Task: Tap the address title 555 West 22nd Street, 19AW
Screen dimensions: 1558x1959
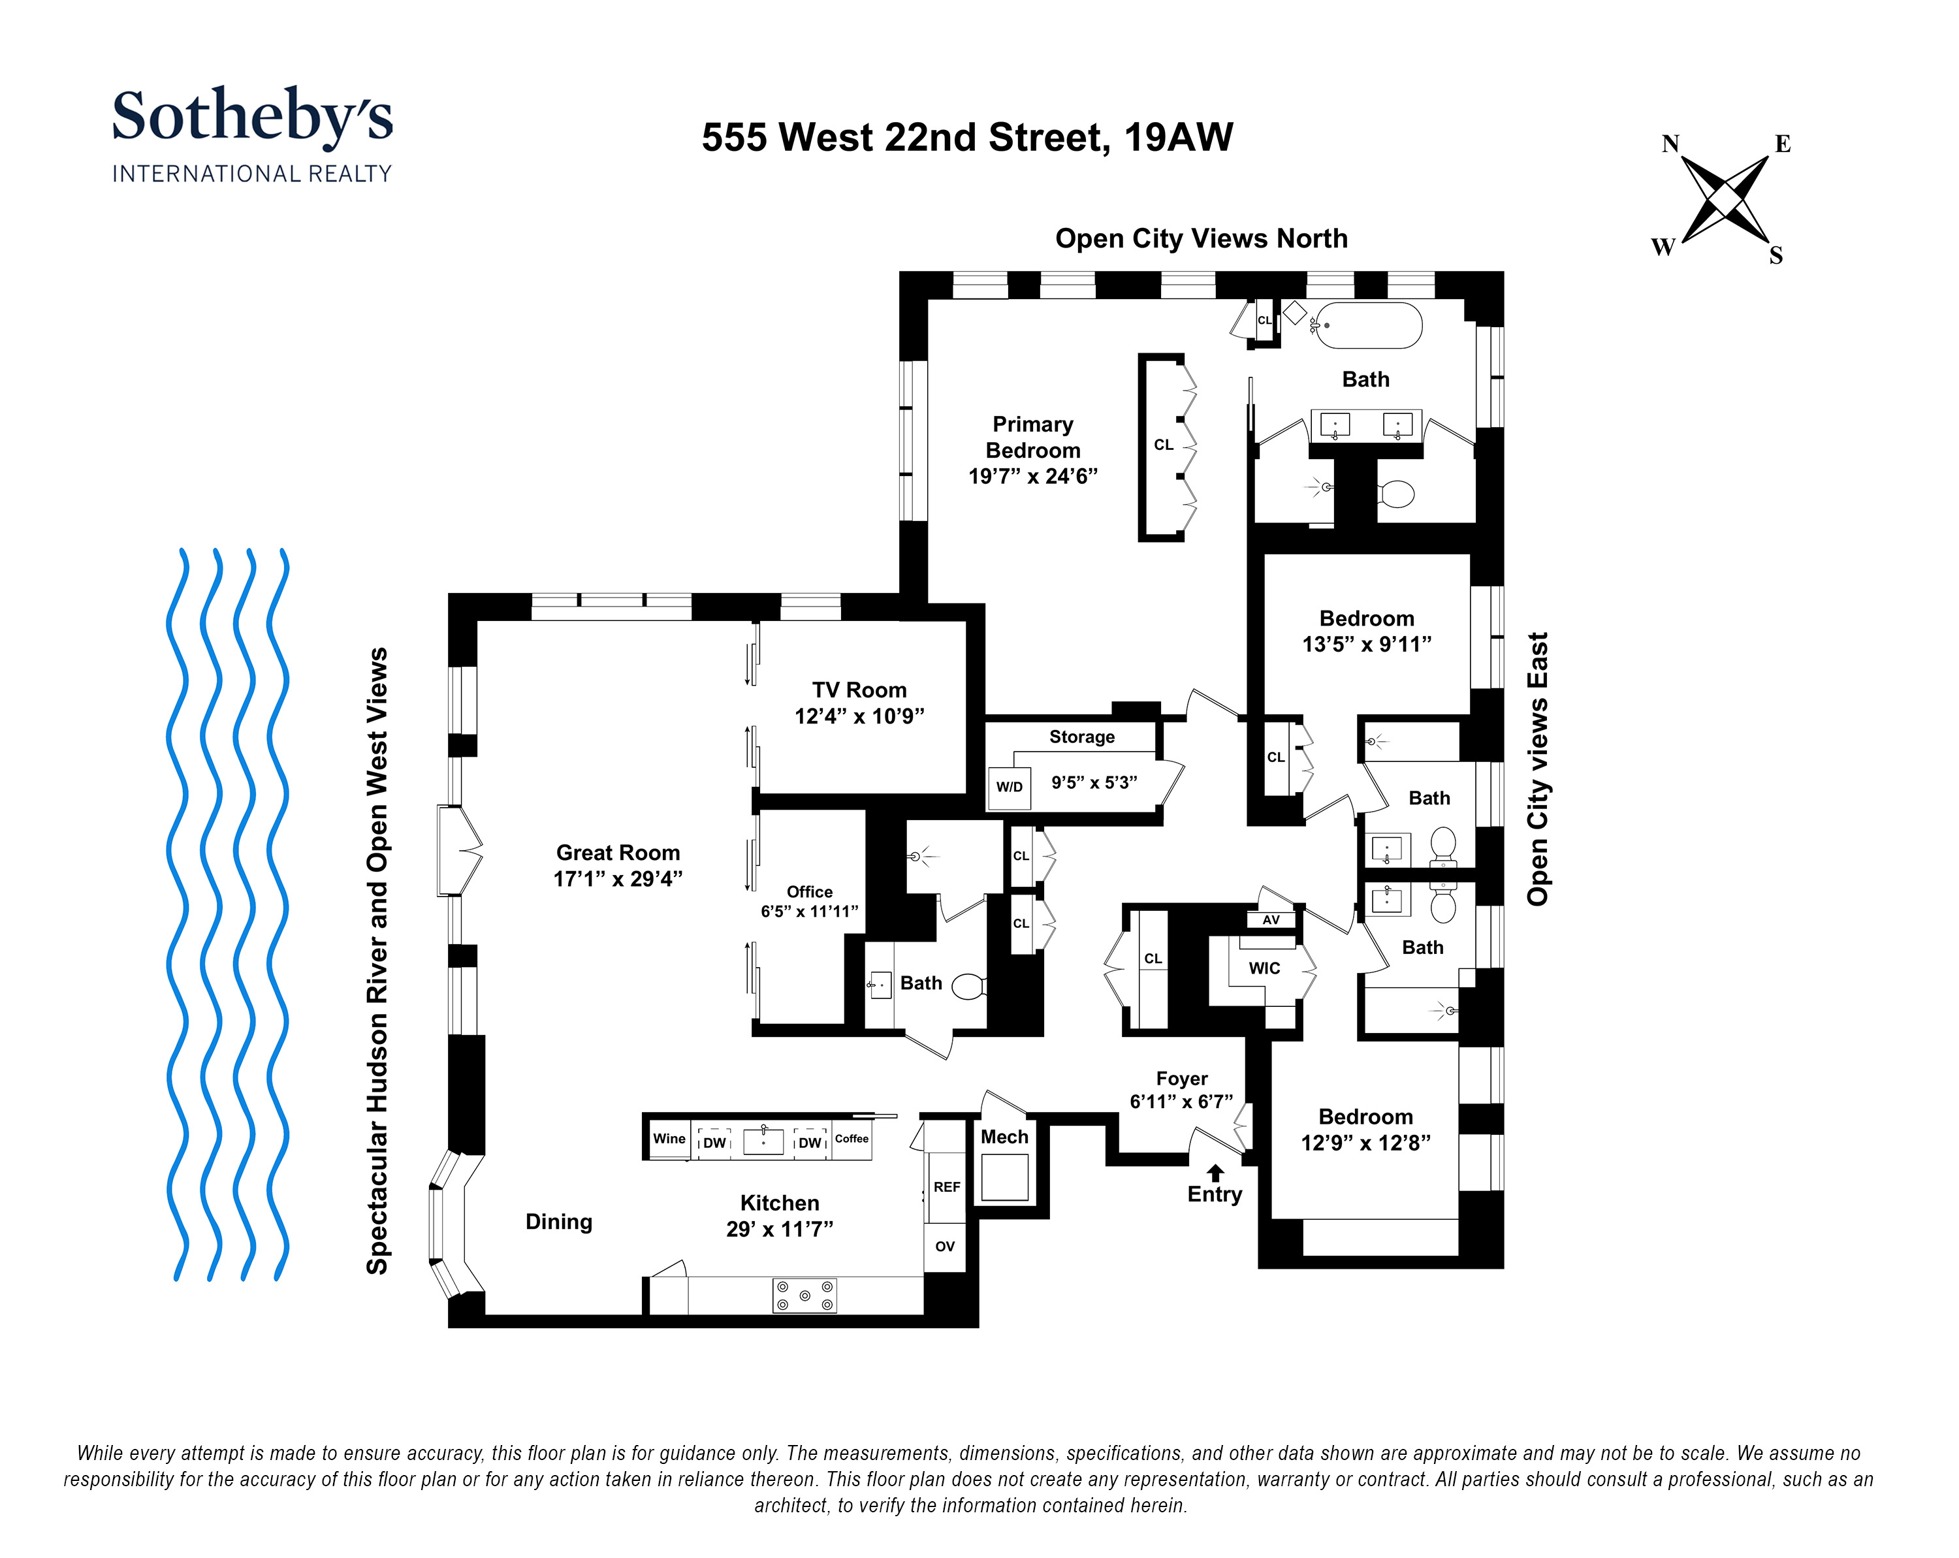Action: tap(967, 138)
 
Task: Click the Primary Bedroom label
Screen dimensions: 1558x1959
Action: tap(1032, 437)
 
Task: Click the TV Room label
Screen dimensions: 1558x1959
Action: tap(859, 690)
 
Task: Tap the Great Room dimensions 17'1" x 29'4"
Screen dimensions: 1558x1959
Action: tap(618, 878)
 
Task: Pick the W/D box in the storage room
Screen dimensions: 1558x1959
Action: tap(1009, 787)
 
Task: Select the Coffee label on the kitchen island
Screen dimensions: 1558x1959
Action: tap(852, 1138)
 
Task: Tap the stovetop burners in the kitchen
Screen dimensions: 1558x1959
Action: tap(804, 1296)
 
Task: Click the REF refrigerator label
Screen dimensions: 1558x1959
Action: tap(947, 1186)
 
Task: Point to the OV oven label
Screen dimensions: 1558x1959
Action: tap(945, 1247)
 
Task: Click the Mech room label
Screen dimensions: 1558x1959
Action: tap(1004, 1136)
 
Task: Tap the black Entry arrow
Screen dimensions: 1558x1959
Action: tap(1215, 1173)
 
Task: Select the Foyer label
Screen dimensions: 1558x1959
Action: tap(1181, 1078)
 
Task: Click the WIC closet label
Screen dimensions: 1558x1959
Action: tap(1264, 968)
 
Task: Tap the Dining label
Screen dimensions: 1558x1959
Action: tap(559, 1222)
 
